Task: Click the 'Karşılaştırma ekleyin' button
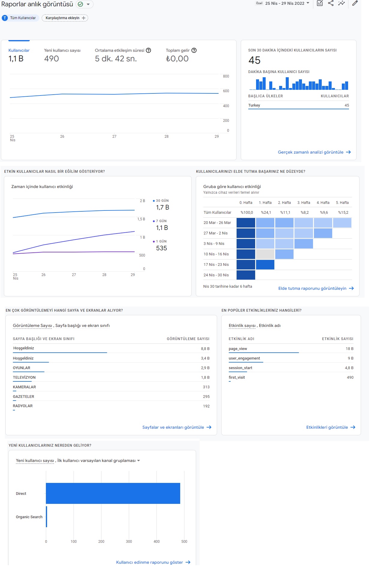(x=65, y=18)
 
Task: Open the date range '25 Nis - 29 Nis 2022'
(x=285, y=3)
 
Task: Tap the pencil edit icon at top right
(x=355, y=3)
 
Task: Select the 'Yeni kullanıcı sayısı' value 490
(x=52, y=59)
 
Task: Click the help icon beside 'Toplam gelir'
(x=194, y=50)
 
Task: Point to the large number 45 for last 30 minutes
(x=254, y=60)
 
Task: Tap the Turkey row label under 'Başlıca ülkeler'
(x=254, y=105)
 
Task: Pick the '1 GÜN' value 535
(x=161, y=248)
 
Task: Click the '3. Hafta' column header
(x=304, y=203)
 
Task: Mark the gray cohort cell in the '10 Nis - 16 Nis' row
(x=265, y=254)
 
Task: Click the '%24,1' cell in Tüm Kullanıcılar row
(x=266, y=213)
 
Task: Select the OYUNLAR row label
(x=22, y=368)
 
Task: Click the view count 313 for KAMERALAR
(x=206, y=387)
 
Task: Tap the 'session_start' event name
(x=240, y=368)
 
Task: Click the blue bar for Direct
(x=113, y=493)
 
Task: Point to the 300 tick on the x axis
(x=129, y=542)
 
